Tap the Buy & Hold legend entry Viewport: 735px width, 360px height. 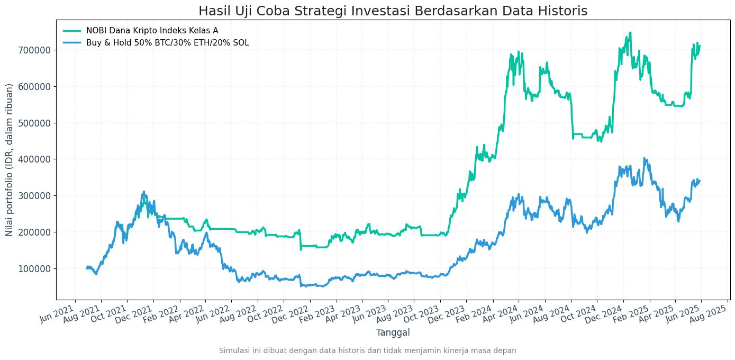(167, 43)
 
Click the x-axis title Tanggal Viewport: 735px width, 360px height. (393, 332)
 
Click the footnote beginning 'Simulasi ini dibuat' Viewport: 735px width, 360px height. (367, 350)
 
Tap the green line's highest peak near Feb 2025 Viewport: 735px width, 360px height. (630, 33)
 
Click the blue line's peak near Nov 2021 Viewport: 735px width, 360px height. (144, 192)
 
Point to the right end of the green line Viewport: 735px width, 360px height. (700, 46)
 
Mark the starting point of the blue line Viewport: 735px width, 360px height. (87, 268)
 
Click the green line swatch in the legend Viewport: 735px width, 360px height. (72, 31)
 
